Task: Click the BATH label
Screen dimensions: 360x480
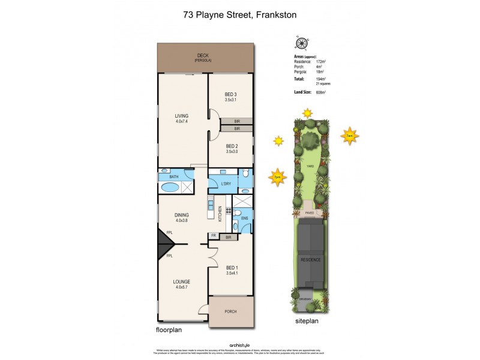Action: click(173, 177)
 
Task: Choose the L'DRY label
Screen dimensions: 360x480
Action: click(226, 184)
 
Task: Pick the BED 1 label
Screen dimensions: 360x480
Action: click(232, 268)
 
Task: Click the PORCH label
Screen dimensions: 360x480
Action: click(231, 311)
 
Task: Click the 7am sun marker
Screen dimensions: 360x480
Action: click(349, 136)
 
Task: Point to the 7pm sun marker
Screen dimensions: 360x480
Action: click(277, 177)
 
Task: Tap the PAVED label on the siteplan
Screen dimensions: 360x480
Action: click(310, 212)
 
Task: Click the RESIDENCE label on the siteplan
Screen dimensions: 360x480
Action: click(311, 260)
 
